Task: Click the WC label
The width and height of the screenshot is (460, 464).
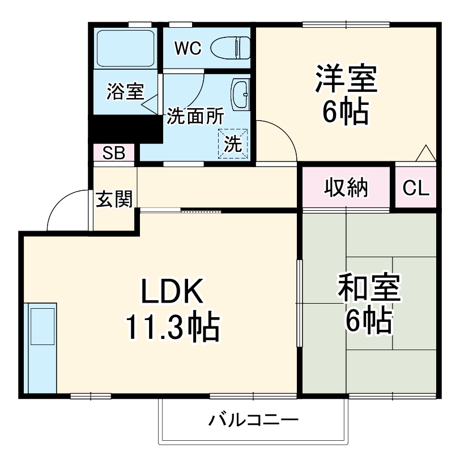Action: (x=187, y=49)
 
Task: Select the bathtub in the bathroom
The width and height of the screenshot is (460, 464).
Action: (x=125, y=48)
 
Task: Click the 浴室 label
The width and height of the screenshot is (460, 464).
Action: (x=125, y=92)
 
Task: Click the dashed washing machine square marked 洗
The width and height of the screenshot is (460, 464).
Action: (x=233, y=144)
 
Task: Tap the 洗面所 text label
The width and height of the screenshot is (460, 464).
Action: (x=194, y=116)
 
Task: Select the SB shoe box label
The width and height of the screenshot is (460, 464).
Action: (x=114, y=153)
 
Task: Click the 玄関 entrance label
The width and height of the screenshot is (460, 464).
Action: (x=114, y=199)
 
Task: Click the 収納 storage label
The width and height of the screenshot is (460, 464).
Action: (x=346, y=188)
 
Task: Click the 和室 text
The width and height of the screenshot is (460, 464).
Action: (x=369, y=287)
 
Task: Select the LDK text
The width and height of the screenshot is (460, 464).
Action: (x=172, y=293)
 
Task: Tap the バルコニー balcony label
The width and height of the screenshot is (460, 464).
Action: (x=253, y=421)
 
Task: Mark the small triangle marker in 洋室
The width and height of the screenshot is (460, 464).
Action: (x=425, y=153)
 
